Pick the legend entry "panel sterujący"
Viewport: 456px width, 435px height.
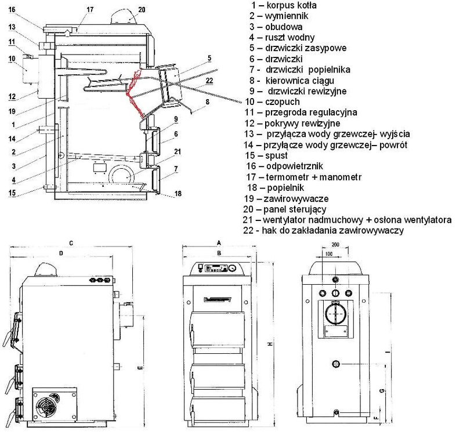[293, 209]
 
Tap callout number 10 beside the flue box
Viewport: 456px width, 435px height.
[12, 59]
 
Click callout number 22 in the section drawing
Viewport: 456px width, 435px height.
[209, 80]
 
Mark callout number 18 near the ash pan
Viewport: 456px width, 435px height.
[178, 194]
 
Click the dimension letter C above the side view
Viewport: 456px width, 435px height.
[70, 244]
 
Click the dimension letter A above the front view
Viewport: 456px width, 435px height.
[219, 241]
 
